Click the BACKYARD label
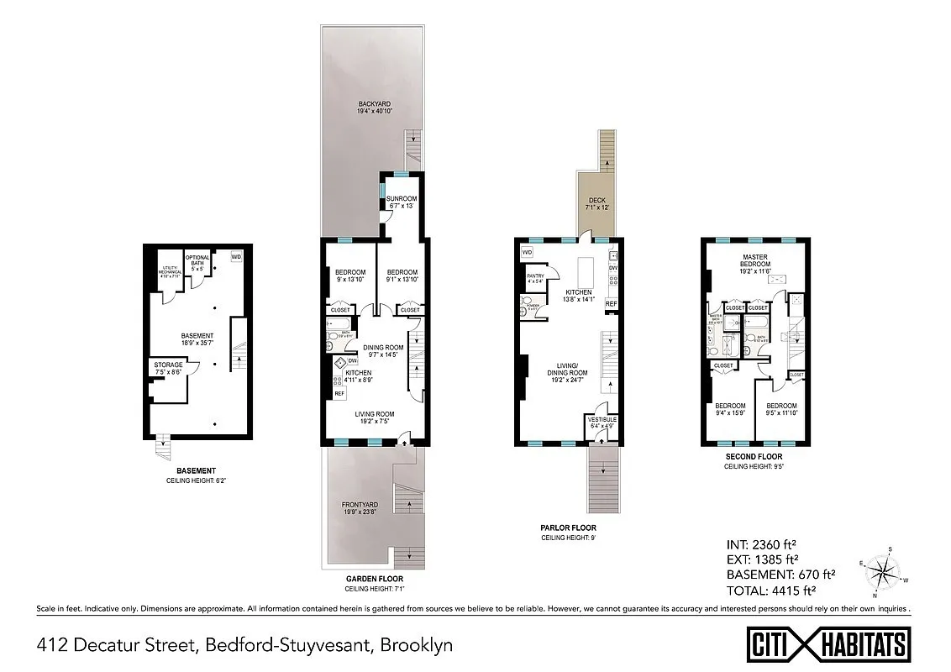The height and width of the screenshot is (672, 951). (x=370, y=103)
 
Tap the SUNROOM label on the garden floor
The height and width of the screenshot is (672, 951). (x=402, y=199)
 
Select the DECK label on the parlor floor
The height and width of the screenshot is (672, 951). (x=596, y=201)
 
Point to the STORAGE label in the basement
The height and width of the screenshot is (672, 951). (x=168, y=365)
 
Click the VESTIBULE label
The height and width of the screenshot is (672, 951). (x=602, y=419)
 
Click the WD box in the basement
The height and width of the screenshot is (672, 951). (x=236, y=255)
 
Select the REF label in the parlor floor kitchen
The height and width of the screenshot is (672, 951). (x=612, y=303)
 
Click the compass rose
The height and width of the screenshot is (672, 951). (x=883, y=574)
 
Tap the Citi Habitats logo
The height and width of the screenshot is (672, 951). (x=828, y=644)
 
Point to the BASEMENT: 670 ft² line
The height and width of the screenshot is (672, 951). (x=780, y=575)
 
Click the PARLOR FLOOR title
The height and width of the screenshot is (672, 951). (x=568, y=528)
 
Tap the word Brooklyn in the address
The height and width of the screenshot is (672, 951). (x=417, y=645)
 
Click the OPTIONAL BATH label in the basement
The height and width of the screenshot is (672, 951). (x=197, y=260)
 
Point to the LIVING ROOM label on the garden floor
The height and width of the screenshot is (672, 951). (x=375, y=414)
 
